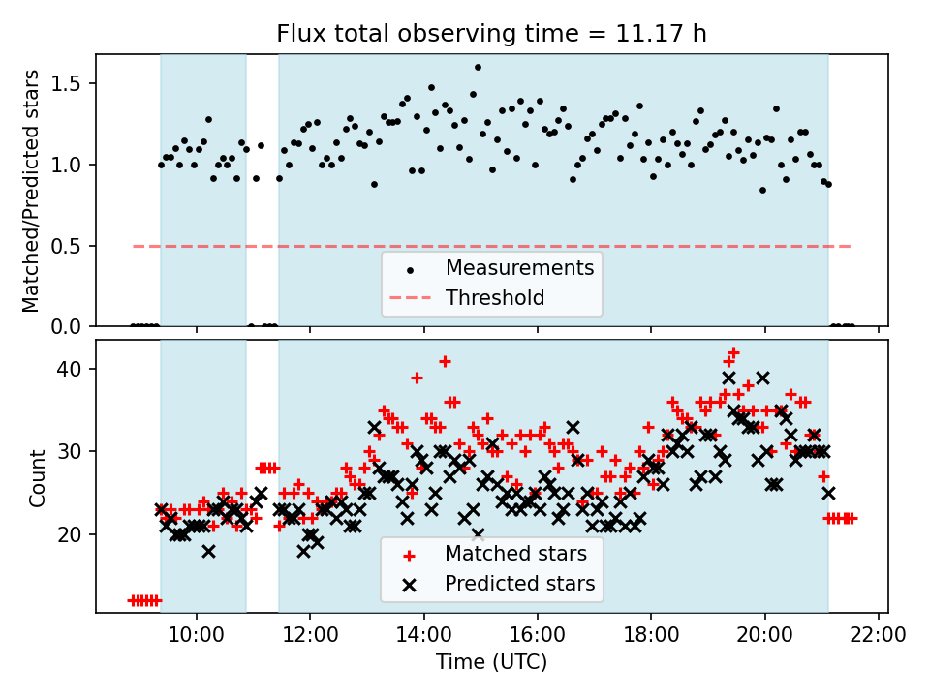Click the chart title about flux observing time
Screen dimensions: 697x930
(x=491, y=34)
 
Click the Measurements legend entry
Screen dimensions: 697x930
(x=519, y=267)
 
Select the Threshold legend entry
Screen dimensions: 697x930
(x=495, y=298)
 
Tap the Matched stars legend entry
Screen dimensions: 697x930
(x=515, y=555)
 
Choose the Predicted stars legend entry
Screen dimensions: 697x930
(x=519, y=585)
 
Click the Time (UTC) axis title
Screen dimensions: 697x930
(x=491, y=663)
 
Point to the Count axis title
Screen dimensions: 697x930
(x=38, y=477)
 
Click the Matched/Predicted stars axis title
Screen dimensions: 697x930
(x=32, y=191)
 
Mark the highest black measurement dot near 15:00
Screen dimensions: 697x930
(x=478, y=68)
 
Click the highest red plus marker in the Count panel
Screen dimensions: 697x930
(x=734, y=352)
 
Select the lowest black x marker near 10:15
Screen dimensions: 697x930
(x=208, y=551)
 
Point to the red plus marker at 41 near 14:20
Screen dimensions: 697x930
(x=445, y=361)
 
